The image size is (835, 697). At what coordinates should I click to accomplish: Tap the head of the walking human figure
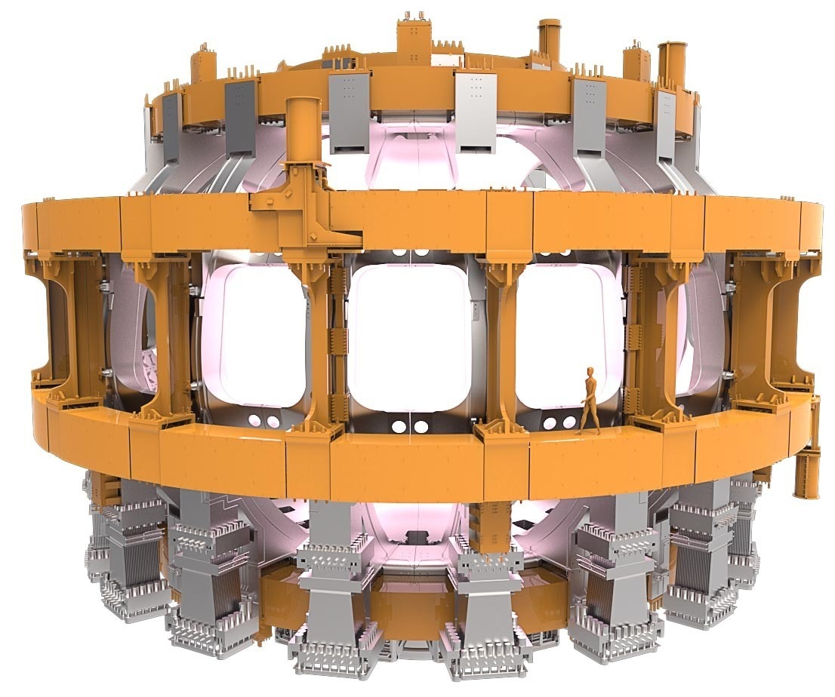click(x=590, y=372)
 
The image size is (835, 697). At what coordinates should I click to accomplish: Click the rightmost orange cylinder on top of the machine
click(x=670, y=65)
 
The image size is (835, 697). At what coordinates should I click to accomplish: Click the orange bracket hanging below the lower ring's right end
click(x=807, y=468)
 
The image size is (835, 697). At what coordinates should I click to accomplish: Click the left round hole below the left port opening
click(x=255, y=419)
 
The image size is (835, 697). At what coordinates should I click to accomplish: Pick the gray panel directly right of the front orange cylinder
click(x=348, y=113)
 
